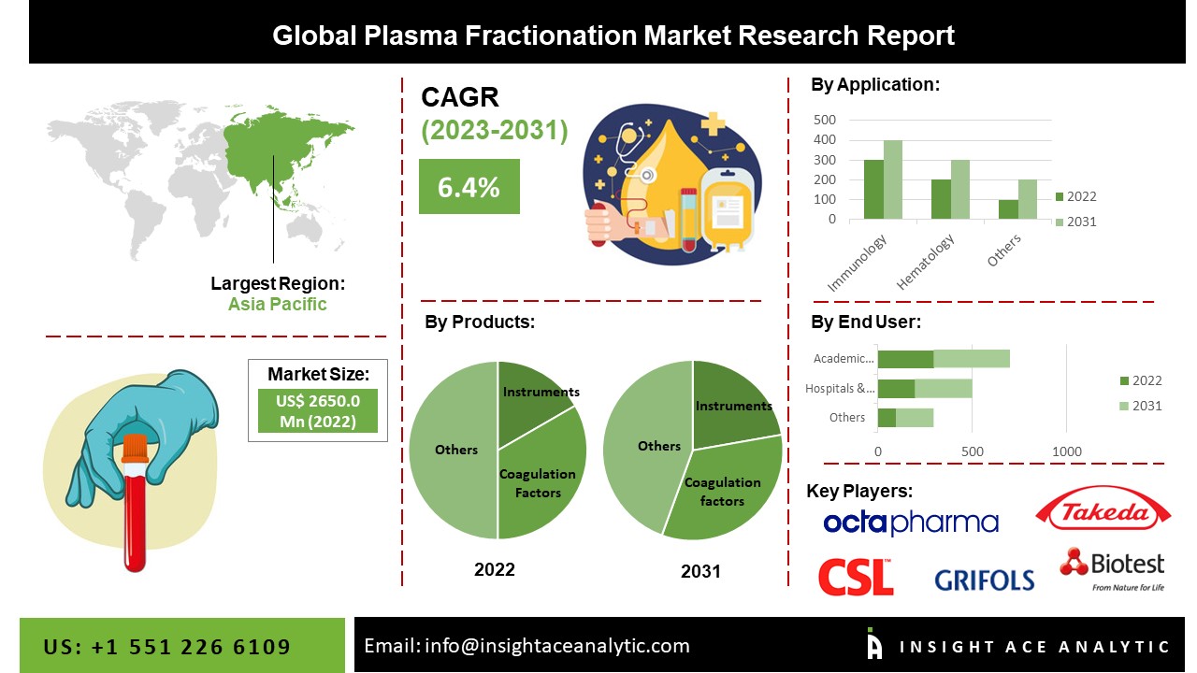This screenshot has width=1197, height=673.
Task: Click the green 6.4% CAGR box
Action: [469, 186]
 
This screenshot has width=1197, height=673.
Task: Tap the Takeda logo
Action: [1103, 509]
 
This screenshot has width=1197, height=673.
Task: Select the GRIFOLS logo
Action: [985, 580]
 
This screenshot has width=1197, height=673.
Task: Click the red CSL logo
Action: [856, 577]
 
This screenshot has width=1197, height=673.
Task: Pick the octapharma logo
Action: [911, 523]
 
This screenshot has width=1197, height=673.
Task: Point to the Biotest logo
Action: [1112, 570]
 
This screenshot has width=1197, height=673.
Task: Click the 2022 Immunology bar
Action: [873, 189]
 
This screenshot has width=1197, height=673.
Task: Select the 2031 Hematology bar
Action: [960, 189]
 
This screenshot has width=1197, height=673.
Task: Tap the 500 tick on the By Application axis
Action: [824, 120]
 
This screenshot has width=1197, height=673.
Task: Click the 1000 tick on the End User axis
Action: [1067, 451]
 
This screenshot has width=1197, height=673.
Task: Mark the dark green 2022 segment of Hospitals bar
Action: [896, 389]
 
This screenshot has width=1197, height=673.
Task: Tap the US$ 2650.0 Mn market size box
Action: [318, 410]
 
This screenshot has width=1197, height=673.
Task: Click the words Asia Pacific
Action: [278, 304]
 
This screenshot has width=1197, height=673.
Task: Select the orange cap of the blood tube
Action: [136, 448]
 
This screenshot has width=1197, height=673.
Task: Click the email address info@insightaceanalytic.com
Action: [556, 646]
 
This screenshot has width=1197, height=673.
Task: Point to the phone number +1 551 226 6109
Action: [191, 647]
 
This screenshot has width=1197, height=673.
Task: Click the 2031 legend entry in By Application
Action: [1075, 222]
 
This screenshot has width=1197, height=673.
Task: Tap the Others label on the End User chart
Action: [847, 417]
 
